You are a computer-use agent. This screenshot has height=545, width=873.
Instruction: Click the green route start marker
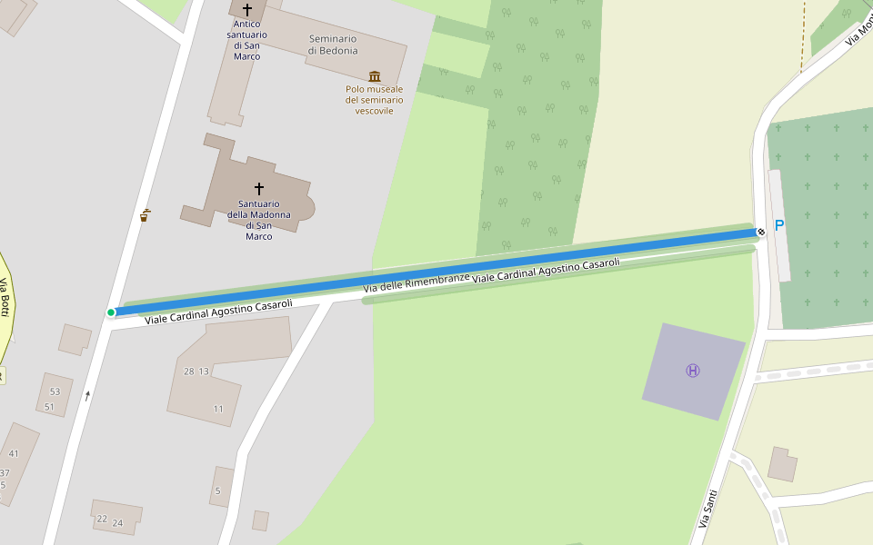coord(111,312)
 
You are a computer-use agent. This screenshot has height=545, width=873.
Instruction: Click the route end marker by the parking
coord(760,233)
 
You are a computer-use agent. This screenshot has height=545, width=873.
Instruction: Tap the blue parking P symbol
coord(778,224)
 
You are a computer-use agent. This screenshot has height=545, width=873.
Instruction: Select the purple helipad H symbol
coord(693,371)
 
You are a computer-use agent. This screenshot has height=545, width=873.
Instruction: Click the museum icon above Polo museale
coord(375,76)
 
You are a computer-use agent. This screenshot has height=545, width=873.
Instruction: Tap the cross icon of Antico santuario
coord(246,10)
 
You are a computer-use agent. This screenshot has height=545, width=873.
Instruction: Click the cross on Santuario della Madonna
coord(259,189)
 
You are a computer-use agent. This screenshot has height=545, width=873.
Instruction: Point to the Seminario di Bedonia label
coord(333,45)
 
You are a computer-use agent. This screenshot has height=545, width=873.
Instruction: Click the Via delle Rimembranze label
coord(416,282)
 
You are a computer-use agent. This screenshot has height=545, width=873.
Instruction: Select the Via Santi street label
coord(707,509)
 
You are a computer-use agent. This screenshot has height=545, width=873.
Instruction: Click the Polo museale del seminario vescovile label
coord(375,100)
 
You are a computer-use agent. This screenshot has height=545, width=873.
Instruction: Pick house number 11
coord(218,409)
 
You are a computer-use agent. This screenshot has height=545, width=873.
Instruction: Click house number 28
coord(189,372)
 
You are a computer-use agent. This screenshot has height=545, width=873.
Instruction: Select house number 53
coord(55,391)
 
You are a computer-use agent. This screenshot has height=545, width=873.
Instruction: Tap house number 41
coord(14,453)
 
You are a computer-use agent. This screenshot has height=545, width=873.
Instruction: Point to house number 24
coord(117,522)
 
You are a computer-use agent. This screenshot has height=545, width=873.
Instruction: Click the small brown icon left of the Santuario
coord(145,215)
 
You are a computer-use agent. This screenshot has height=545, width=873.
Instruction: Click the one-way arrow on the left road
coord(87,395)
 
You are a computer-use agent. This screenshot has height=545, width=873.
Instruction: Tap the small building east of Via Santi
coord(782,463)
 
